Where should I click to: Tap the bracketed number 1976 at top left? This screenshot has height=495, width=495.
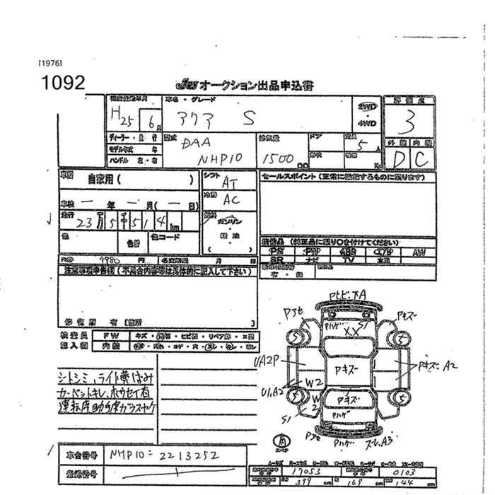50,62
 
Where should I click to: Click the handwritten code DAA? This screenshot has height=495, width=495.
196,143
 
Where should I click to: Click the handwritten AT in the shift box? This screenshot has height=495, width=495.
230,182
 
